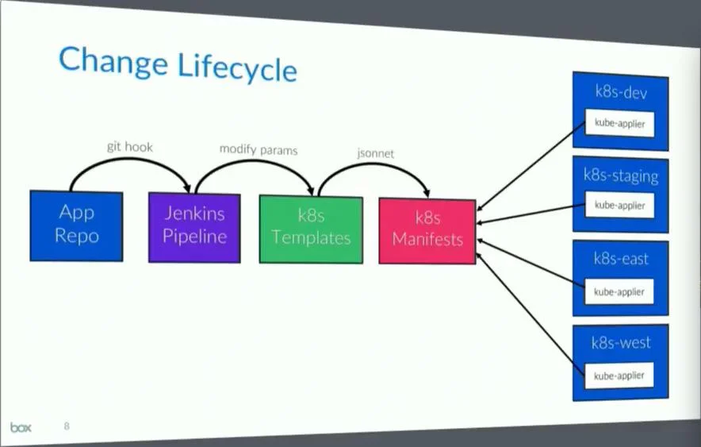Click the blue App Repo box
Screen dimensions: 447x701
click(76, 225)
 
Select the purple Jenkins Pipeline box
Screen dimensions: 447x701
click(194, 226)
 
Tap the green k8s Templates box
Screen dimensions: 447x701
click(310, 229)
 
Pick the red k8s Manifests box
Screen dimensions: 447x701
click(427, 229)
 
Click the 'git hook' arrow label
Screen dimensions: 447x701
click(129, 147)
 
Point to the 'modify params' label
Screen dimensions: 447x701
click(258, 149)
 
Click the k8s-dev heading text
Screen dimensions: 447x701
click(622, 92)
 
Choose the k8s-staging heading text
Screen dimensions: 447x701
click(620, 175)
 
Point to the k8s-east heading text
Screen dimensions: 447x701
click(621, 259)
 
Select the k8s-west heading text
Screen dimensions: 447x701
click(621, 343)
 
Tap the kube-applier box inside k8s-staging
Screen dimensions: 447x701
click(620, 206)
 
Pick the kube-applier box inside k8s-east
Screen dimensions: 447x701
click(620, 291)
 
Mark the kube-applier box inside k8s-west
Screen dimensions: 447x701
click(620, 375)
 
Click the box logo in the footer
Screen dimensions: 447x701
click(21, 427)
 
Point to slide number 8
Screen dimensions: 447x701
click(67, 426)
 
